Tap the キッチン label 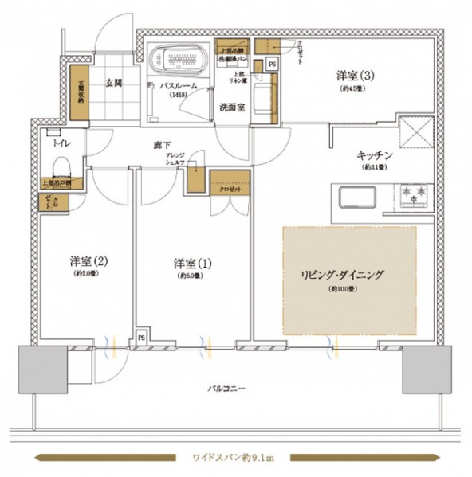pos(372,157)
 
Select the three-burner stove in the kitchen pos(411,195)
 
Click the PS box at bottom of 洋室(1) pos(142,338)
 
